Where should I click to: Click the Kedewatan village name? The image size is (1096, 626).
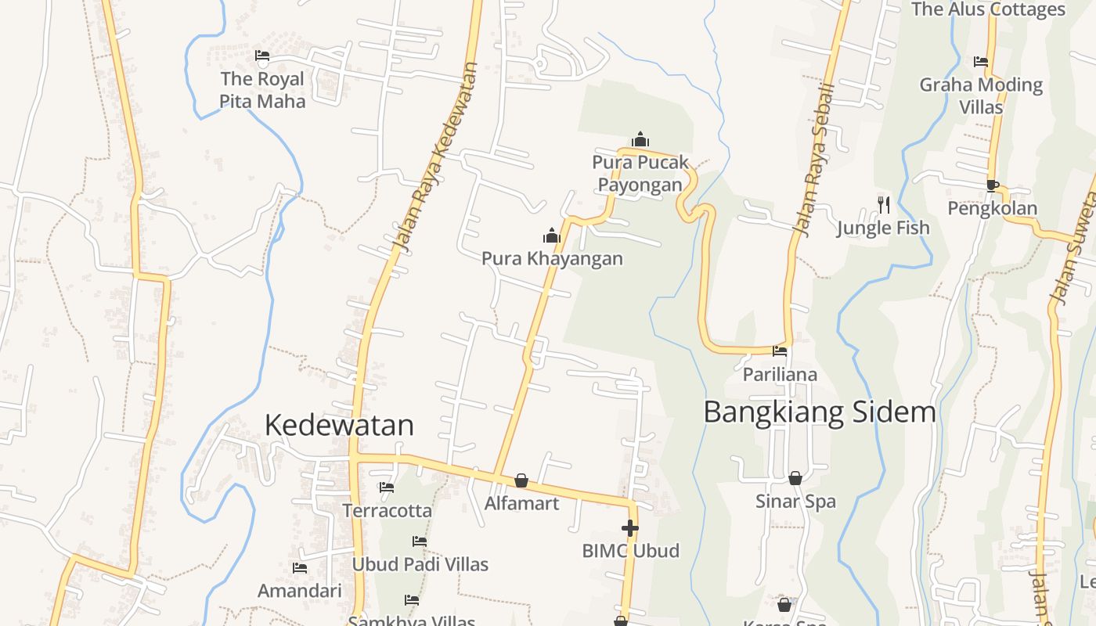(x=339, y=425)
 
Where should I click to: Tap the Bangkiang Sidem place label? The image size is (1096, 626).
(x=820, y=412)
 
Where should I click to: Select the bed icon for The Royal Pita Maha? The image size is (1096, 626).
(x=262, y=56)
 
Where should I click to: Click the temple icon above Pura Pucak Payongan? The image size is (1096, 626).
(x=640, y=140)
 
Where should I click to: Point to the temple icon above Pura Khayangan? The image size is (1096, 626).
(x=552, y=236)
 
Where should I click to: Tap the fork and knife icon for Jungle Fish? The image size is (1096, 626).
(x=884, y=205)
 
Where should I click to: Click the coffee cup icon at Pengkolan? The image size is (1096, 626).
(x=992, y=185)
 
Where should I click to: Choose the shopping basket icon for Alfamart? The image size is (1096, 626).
(x=521, y=480)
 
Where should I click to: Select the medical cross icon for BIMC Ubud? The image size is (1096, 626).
(x=630, y=528)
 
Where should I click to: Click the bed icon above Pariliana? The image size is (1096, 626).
(x=780, y=351)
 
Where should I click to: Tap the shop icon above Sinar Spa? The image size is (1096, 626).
(x=795, y=478)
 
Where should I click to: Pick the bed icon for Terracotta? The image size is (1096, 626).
(x=387, y=487)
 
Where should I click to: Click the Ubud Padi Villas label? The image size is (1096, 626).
(x=420, y=564)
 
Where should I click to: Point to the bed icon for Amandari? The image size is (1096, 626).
(x=299, y=568)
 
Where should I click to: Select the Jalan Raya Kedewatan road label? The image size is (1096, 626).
(x=436, y=156)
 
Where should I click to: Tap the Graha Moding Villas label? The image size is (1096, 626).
(x=981, y=95)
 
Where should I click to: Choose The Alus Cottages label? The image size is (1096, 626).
(x=988, y=9)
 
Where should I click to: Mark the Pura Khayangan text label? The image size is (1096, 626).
(x=552, y=258)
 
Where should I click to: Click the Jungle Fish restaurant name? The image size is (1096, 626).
(x=883, y=228)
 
